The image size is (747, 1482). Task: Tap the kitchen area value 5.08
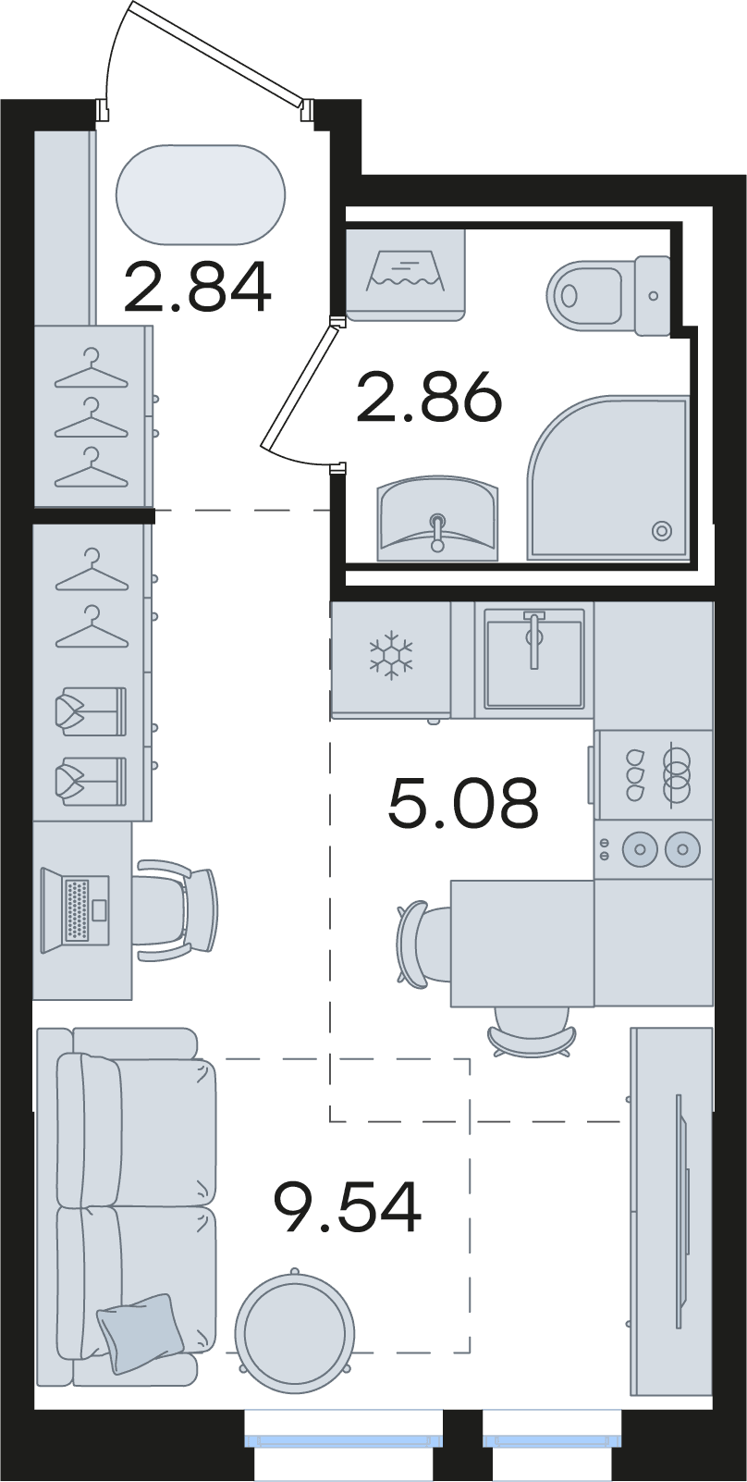[x=464, y=803]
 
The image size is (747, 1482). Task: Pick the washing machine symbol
[x=406, y=275]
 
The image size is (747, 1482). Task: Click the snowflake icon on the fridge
[x=391, y=655]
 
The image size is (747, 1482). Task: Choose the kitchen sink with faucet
[x=534, y=659]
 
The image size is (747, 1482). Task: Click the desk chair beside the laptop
[x=178, y=909]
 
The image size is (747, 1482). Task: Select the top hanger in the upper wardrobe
[x=92, y=371]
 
